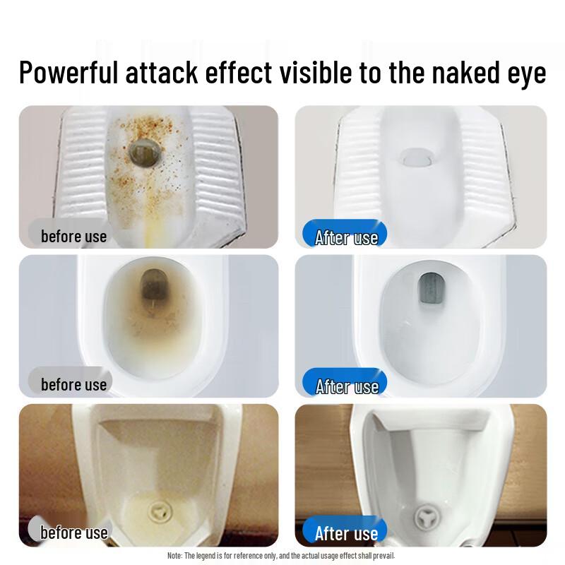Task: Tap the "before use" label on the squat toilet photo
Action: [73, 237]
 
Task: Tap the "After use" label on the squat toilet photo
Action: [346, 238]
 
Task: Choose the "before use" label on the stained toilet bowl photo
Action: [73, 385]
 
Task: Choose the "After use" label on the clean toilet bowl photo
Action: [346, 386]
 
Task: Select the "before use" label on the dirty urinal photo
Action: [73, 533]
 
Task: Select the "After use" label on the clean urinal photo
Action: [346, 533]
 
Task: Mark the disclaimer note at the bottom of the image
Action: [281, 557]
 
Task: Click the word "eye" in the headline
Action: [526, 73]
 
